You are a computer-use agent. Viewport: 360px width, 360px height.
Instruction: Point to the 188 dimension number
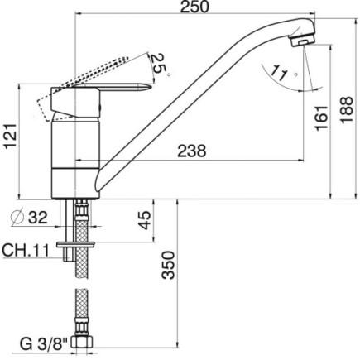tap(348, 108)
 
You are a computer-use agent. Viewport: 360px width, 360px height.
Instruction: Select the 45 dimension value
tap(143, 222)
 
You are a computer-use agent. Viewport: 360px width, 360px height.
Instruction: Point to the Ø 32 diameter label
tap(31, 219)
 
